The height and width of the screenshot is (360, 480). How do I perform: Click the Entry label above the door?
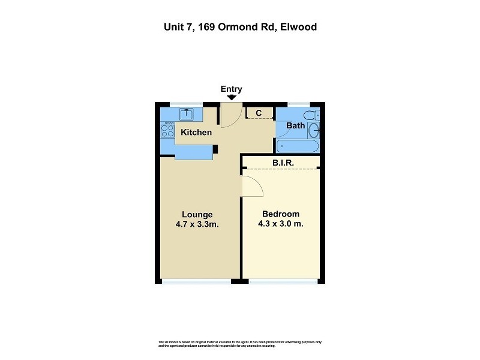pos(231,89)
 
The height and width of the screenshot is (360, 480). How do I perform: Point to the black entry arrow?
pos(231,97)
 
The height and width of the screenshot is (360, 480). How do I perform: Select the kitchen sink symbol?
pos(187,113)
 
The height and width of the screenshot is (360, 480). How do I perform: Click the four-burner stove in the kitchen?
pos(167,130)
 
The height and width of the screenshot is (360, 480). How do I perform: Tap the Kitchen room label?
pos(196,132)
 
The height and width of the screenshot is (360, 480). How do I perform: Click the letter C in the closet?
pos(259,113)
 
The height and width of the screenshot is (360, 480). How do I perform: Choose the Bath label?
pos(295,126)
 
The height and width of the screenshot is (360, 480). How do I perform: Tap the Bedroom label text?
pos(281,214)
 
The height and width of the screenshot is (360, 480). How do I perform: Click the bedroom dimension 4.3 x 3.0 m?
pos(281,224)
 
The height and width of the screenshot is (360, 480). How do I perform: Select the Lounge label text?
pos(197,214)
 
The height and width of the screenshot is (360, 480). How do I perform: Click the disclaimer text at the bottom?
pos(240,344)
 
